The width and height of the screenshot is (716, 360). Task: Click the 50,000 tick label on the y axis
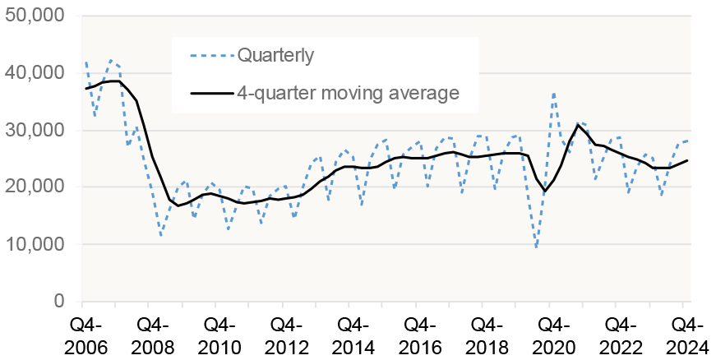(36, 16)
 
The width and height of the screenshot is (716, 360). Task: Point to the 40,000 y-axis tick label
(36, 73)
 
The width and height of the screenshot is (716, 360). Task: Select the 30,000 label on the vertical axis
(36, 130)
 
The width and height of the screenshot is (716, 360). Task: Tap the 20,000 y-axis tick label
(36, 187)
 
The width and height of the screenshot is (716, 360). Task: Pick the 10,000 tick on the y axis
(36, 244)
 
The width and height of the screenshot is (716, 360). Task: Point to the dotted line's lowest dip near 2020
(537, 246)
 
